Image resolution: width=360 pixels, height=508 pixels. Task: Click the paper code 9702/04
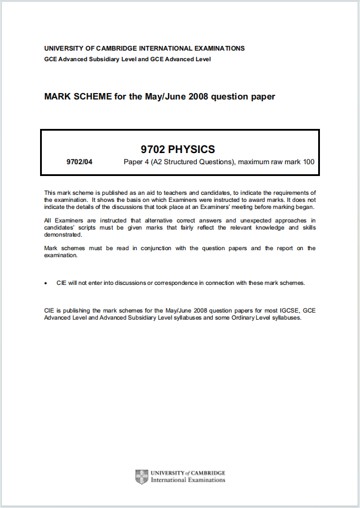(x=80, y=162)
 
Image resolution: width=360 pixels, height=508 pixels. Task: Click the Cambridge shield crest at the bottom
(x=141, y=476)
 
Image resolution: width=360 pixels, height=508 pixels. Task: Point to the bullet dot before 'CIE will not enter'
(x=47, y=283)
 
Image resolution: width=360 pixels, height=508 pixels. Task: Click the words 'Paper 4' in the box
(x=136, y=162)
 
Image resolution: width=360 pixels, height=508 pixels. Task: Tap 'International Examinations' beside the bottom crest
(x=188, y=480)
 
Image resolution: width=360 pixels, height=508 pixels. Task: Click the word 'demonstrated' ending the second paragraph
(x=62, y=234)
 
